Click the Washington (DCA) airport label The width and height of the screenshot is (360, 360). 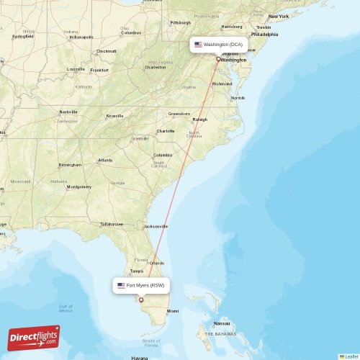point(219,45)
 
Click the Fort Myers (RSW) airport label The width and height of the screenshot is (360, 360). point(141,286)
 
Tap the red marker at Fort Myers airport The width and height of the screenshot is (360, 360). point(141,300)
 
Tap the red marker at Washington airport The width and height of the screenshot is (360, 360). point(218,59)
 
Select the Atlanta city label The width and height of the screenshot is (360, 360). point(105,160)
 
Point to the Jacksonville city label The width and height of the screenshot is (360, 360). point(156,226)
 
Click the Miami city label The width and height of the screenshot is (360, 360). point(173,311)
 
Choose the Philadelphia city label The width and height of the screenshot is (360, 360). point(264,34)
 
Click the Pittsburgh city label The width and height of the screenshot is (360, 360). point(180,22)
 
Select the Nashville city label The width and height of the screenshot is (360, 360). point(68,112)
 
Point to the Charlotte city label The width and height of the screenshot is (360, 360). point(166,131)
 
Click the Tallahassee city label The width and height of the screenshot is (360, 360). point(112,224)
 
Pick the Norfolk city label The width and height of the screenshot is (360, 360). point(238,97)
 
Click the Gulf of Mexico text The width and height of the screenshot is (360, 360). point(66,308)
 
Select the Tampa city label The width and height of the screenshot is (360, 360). point(135,271)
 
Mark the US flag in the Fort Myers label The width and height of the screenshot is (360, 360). point(121,286)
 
